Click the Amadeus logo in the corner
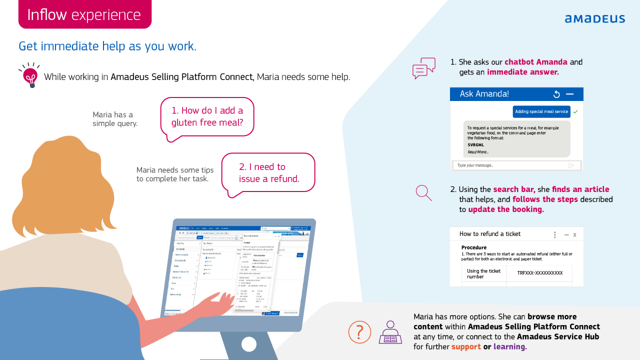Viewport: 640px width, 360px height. pyautogui.click(x=594, y=18)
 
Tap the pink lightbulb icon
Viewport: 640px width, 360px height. pyautogui.click(x=30, y=76)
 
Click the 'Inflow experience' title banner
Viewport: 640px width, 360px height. pyautogui.click(x=84, y=14)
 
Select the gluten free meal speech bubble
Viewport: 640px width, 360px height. pyautogui.click(x=207, y=116)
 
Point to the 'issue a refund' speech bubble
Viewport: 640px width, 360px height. pyautogui.click(x=268, y=173)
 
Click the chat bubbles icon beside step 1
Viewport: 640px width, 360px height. pyautogui.click(x=423, y=68)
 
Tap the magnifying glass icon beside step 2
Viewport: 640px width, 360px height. pyautogui.click(x=423, y=192)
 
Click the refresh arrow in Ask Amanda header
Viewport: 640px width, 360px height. pyautogui.click(x=556, y=94)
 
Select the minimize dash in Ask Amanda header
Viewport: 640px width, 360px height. pyautogui.click(x=569, y=94)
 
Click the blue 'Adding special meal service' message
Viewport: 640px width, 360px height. pyautogui.click(x=541, y=111)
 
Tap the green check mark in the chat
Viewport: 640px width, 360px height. pyautogui.click(x=575, y=111)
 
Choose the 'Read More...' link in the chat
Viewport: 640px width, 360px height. pyautogui.click(x=478, y=152)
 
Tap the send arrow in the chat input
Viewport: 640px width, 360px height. pyautogui.click(x=571, y=165)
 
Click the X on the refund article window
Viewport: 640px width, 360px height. pyautogui.click(x=575, y=234)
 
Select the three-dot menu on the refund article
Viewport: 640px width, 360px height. pyautogui.click(x=554, y=234)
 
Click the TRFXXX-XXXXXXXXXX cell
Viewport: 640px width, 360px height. pyautogui.click(x=539, y=273)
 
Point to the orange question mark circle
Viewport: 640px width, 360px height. pyautogui.click(x=359, y=332)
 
